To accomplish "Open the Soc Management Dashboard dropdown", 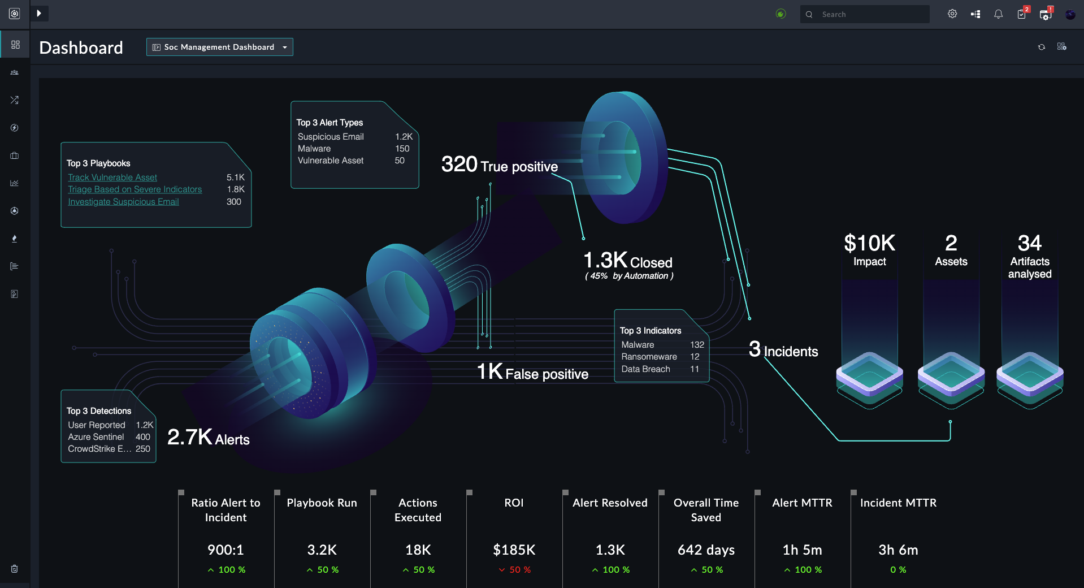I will pyautogui.click(x=220, y=47).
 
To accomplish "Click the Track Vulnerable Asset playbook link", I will pyautogui.click(x=112, y=178).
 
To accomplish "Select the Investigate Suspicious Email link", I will pyautogui.click(x=123, y=202).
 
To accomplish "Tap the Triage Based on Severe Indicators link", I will pyautogui.click(x=135, y=189).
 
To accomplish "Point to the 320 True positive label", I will pyautogui.click(x=499, y=165).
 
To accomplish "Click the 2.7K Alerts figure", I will pyautogui.click(x=208, y=438).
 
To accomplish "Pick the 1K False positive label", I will pyautogui.click(x=532, y=373).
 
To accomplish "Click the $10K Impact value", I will pyautogui.click(x=869, y=244).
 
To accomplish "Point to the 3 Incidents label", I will pyautogui.click(x=783, y=351).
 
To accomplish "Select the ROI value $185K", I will pyautogui.click(x=514, y=550).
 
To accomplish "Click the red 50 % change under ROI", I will pyautogui.click(x=515, y=570).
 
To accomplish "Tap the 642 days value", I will pyautogui.click(x=706, y=550).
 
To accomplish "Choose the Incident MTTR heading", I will pyautogui.click(x=898, y=503).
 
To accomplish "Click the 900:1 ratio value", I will pyautogui.click(x=226, y=550).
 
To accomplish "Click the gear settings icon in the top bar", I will pyautogui.click(x=952, y=14).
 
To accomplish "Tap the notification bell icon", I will pyautogui.click(x=999, y=15).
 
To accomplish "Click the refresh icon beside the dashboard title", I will pyautogui.click(x=1042, y=47).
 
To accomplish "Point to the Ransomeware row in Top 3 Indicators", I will pyautogui.click(x=649, y=357).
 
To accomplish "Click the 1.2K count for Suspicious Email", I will pyautogui.click(x=404, y=137).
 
